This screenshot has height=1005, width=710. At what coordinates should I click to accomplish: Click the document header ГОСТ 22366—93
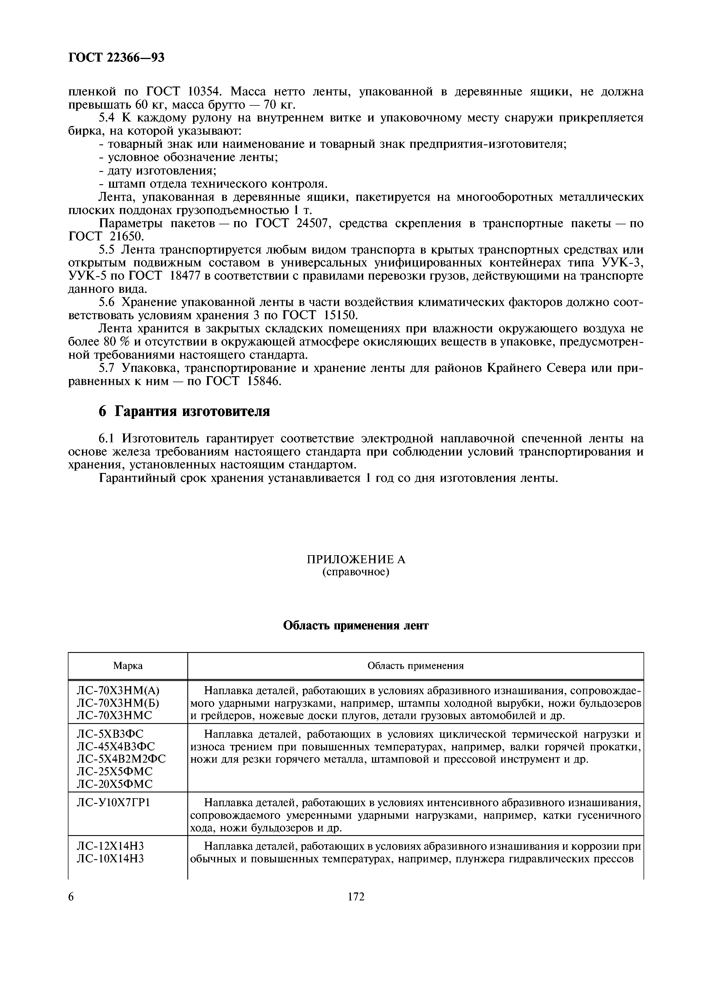[116, 57]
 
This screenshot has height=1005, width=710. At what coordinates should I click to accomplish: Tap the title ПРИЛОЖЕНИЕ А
[356, 560]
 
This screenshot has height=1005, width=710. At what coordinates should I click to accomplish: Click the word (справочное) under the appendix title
[356, 572]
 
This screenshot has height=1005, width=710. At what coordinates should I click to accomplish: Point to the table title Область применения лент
[356, 625]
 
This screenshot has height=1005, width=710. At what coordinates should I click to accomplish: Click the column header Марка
[128, 666]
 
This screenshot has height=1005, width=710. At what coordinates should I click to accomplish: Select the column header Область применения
[415, 666]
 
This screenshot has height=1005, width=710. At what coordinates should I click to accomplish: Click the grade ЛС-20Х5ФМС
[115, 784]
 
